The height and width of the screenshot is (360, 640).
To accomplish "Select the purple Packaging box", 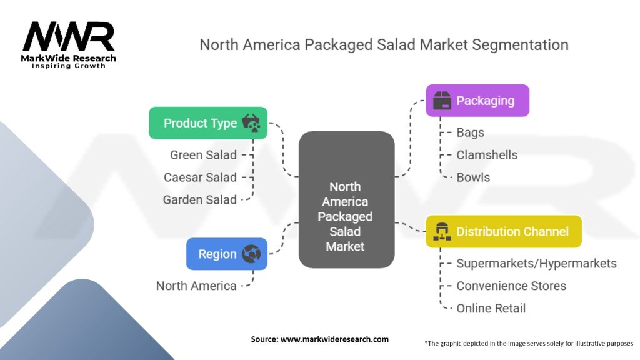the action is tap(477, 101).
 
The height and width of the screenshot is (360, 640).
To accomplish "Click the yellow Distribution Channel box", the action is tap(504, 231).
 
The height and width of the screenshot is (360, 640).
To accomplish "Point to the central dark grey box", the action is tap(346, 200).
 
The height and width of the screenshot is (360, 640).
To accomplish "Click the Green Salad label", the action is tap(203, 154).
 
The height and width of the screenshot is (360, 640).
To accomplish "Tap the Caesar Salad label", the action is tap(200, 177).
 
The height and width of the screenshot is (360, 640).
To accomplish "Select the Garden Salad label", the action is tap(199, 200).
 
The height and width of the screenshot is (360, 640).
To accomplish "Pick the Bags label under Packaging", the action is tap(470, 132).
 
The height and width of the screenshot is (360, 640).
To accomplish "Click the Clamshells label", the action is tap(487, 155).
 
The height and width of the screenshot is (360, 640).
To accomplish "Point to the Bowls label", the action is tap(473, 177).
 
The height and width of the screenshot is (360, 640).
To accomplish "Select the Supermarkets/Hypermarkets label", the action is tap(536, 263).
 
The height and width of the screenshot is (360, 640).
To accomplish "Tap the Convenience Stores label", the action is tap(511, 286).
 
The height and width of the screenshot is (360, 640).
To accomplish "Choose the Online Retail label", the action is tap(491, 308).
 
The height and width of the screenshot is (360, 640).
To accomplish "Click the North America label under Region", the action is tap(196, 286).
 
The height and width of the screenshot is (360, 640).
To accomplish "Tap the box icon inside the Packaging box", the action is tap(442, 101).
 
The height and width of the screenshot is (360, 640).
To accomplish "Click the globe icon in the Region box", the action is tap(252, 254).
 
